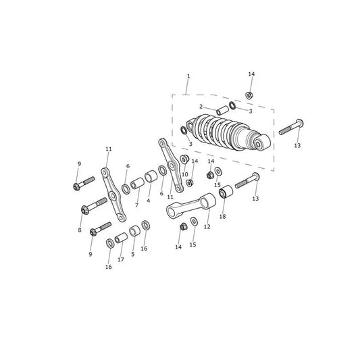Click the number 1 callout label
coord(188,76)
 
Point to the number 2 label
coord(201,107)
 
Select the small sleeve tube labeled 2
coord(222,110)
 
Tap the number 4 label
coord(149,201)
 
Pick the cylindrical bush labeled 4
coord(151,176)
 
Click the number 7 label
coord(137,205)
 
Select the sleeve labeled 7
coord(137,184)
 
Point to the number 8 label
coord(80,230)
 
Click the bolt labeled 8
coord(94,205)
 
